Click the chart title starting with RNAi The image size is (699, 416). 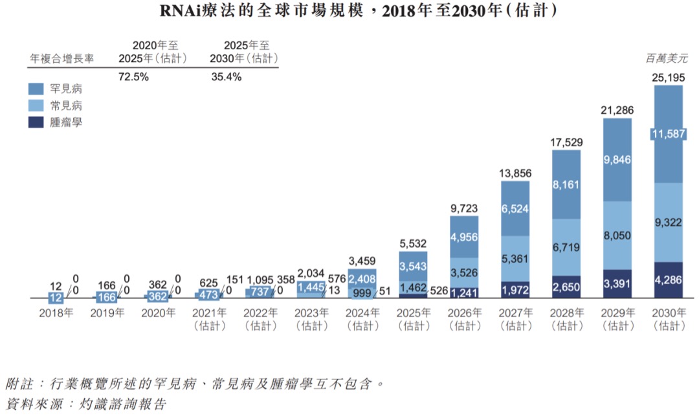coord(349,11)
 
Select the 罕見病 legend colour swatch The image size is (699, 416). coord(36,89)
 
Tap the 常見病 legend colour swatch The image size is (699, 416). coord(36,105)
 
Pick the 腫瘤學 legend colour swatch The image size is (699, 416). coord(36,121)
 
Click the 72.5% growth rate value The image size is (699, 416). coord(134,76)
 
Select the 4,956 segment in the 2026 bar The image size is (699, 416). coord(464,235)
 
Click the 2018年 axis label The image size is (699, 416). coord(56,312)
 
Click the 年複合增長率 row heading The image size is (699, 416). coord(62,58)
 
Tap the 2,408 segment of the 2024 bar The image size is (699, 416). coord(362,279)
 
